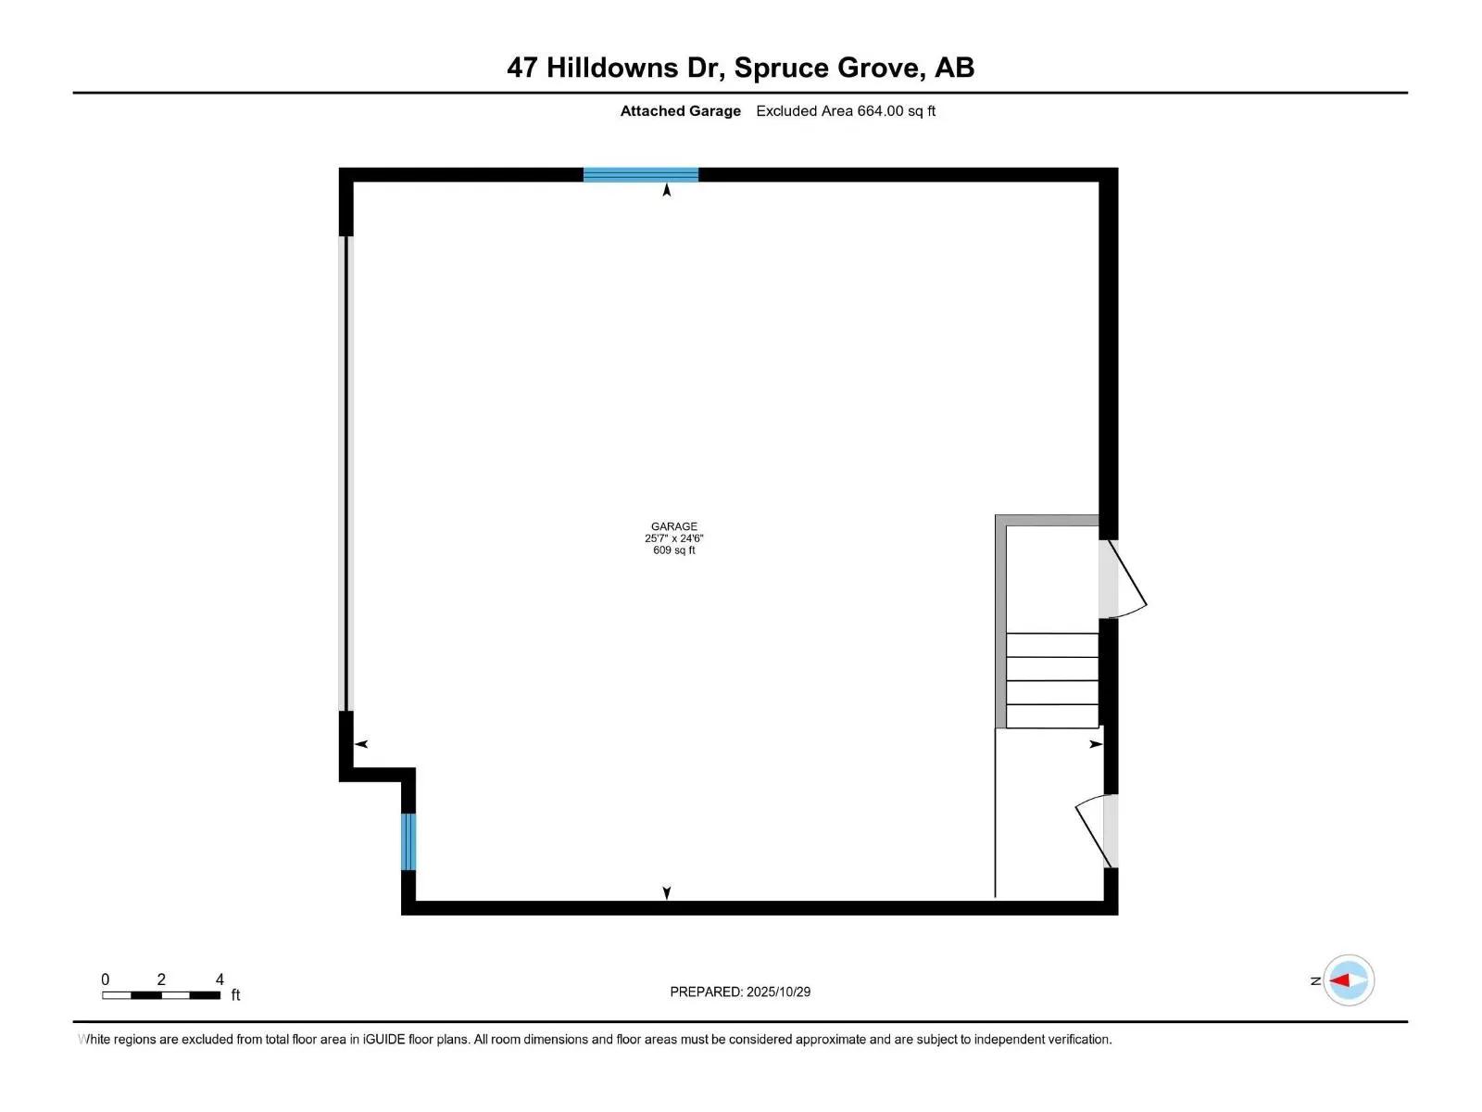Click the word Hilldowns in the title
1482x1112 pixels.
tap(612, 68)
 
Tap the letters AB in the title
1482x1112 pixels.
tap(954, 68)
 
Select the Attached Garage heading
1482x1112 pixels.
tap(680, 111)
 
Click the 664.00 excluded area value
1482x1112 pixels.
tap(879, 111)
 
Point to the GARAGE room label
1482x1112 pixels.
tap(673, 526)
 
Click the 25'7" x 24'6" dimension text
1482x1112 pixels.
tap(673, 538)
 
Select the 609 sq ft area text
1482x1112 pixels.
tap(673, 550)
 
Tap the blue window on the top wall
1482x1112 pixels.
tap(640, 174)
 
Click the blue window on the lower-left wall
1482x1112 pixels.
tap(408, 841)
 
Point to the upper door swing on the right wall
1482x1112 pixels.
tap(1124, 579)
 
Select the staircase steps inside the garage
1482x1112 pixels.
tap(1051, 680)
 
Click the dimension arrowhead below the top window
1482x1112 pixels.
tap(667, 191)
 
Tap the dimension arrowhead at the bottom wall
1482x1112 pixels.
tap(667, 892)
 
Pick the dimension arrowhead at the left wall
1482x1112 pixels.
tap(361, 744)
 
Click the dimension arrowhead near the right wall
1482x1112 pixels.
tap(1096, 744)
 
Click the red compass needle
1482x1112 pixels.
tap(1340, 979)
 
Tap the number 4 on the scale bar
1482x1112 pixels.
tap(220, 979)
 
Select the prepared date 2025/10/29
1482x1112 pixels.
tap(778, 992)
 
